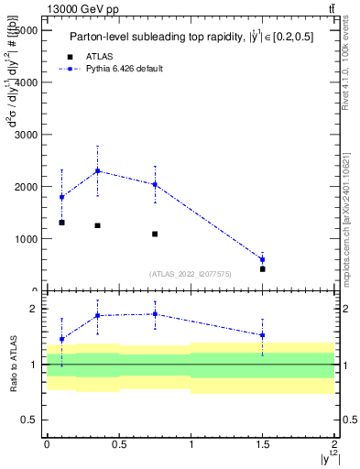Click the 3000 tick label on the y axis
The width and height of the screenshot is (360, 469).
(22, 135)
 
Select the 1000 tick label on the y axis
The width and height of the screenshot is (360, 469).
(22, 239)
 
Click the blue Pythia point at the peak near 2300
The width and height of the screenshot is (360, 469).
(97, 171)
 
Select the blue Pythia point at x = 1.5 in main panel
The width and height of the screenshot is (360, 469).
(263, 259)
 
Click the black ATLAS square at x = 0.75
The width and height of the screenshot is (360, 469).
(155, 234)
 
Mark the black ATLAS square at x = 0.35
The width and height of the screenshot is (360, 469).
(97, 225)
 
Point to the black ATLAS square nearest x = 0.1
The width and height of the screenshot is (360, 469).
(61, 223)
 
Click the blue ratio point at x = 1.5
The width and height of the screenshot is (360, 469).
(263, 335)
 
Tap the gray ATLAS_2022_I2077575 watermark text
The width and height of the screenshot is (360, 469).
(191, 274)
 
